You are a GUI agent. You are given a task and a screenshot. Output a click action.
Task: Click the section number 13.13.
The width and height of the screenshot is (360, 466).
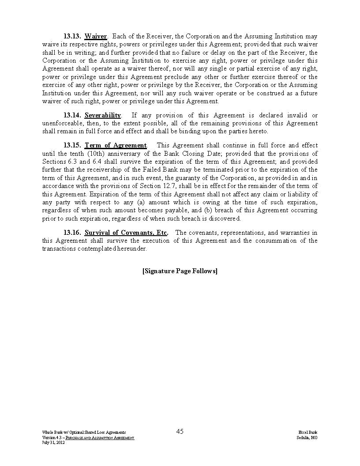tap(72, 36)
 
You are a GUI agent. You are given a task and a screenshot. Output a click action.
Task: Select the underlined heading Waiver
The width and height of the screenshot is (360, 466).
tap(96, 36)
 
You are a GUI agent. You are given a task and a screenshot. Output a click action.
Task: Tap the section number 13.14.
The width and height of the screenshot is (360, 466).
tap(72, 115)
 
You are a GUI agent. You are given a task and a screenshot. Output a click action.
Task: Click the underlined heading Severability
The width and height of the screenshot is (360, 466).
tap(102, 115)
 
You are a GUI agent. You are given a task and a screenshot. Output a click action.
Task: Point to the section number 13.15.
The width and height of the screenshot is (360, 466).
tap(72, 145)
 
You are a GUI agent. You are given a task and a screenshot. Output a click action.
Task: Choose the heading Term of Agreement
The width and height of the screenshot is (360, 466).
tap(116, 145)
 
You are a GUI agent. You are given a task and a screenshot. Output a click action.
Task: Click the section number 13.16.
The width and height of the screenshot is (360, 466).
tap(72, 233)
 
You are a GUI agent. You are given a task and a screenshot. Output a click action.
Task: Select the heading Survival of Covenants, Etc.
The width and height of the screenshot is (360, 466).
tap(126, 233)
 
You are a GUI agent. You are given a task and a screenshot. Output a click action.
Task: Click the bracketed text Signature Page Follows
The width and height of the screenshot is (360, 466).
tap(180, 271)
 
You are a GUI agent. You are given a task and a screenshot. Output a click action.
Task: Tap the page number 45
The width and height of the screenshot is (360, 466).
tap(180, 432)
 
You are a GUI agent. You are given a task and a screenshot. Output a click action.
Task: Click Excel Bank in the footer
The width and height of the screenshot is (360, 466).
tap(307, 432)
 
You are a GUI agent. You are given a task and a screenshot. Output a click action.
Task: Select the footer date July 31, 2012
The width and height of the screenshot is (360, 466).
tap(53, 442)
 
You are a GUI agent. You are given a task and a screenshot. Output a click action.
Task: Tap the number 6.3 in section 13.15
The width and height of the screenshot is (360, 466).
tap(73, 162)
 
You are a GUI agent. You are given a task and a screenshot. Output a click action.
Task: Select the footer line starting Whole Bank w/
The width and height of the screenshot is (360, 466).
tap(84, 432)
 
